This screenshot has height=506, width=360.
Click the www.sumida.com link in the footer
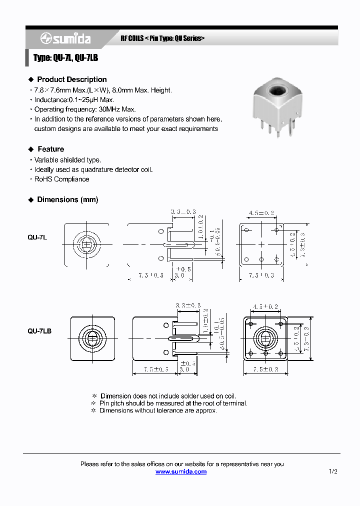click(180, 471)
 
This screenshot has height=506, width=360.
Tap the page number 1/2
click(333, 471)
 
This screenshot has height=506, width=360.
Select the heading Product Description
click(71, 79)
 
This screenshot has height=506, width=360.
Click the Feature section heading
click(50, 149)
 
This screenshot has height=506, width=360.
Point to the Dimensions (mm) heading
click(67, 199)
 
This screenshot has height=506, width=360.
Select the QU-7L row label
click(37, 238)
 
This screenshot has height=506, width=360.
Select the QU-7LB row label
click(39, 331)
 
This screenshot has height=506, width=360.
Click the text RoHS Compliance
click(61, 179)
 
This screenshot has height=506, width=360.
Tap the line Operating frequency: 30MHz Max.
click(84, 109)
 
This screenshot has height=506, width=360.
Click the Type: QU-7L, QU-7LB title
click(65, 58)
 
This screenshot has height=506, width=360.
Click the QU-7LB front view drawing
click(92, 338)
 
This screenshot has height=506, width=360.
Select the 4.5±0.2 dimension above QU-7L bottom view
click(261, 213)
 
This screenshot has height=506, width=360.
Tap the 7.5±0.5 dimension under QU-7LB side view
click(151, 369)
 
